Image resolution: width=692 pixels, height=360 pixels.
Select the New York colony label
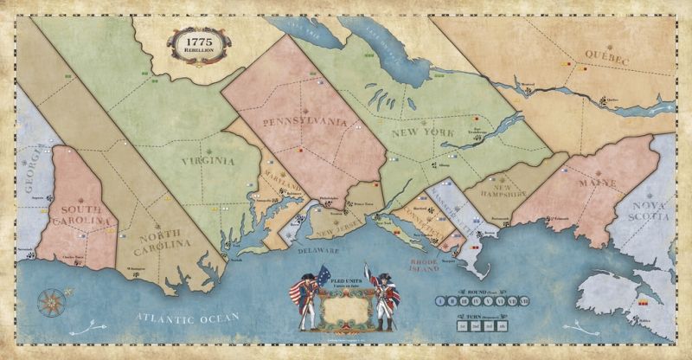(x=421, y=133)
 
